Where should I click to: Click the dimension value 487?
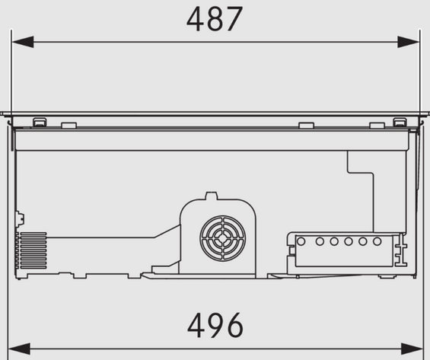215,19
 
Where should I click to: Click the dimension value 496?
215,326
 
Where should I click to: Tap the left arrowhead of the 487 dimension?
23,42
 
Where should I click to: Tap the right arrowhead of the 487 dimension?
409,42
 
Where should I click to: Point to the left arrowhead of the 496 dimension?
19,349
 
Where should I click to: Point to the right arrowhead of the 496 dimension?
412,349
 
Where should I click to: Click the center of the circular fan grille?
223,238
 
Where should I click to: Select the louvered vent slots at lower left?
33,250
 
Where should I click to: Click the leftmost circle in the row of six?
301,241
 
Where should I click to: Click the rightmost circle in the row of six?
377,241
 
